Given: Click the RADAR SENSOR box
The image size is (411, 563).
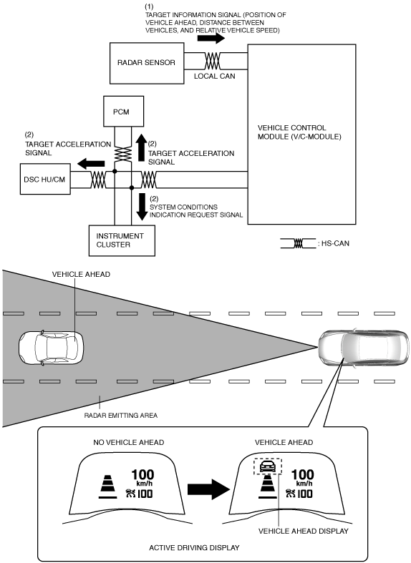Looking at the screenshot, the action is (x=147, y=63).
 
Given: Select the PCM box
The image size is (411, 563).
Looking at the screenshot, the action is (x=124, y=112).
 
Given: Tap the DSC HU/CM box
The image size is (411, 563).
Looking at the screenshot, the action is (x=45, y=179).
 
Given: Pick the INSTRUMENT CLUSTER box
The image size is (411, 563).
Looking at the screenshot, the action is (x=122, y=240).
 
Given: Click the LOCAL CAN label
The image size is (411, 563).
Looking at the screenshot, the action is (x=215, y=76).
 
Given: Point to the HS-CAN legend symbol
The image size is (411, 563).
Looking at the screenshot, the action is (x=298, y=243).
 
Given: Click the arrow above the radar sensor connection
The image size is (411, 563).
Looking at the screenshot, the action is (x=211, y=38).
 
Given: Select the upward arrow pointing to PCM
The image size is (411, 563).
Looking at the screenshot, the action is (x=142, y=148).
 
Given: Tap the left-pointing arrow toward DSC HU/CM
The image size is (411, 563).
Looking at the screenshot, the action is (x=91, y=164).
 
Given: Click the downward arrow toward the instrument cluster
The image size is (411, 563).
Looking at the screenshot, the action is (x=142, y=207).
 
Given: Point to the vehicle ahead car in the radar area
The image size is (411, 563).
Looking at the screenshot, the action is (x=51, y=348).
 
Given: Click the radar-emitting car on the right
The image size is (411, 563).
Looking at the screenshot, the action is (x=364, y=347).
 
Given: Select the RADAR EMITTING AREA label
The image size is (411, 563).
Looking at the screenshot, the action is (x=121, y=416).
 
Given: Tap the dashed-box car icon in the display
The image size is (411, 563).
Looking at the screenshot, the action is (x=267, y=466).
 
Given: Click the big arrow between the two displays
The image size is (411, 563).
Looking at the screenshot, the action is (x=208, y=489).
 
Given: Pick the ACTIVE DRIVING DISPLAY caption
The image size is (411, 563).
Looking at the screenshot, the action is (x=194, y=547).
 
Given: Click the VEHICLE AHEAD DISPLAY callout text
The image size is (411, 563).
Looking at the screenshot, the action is (x=303, y=531).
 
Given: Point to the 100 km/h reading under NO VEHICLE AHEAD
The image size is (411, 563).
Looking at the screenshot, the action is (x=142, y=478).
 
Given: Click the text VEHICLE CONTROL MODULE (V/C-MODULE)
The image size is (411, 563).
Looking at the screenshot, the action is (x=299, y=132).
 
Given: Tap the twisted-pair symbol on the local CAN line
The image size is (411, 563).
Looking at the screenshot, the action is (x=213, y=61).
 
